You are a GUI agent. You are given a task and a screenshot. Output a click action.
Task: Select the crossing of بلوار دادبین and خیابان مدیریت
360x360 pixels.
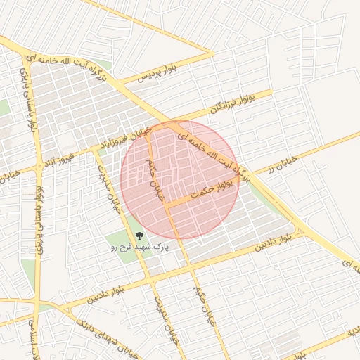click(149, 281)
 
